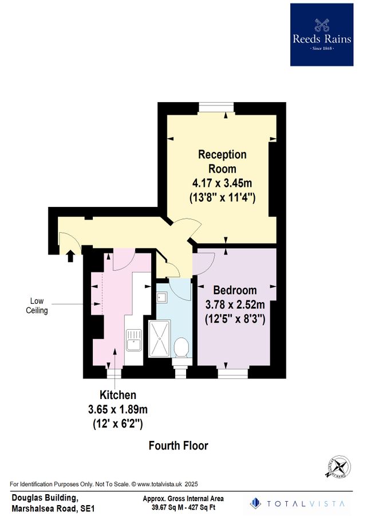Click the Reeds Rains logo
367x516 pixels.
[322, 34]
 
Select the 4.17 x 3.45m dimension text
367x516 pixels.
[222, 183]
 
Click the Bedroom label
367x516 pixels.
[235, 290]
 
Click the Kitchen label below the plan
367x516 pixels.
[118, 395]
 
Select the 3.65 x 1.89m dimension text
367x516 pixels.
[118, 410]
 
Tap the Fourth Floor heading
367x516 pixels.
[178, 445]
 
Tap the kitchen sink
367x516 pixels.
[133, 339]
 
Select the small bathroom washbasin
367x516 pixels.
[161, 297]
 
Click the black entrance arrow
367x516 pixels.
[70, 255]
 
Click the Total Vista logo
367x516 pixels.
[298, 503]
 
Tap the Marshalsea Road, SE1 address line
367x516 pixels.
[53, 508]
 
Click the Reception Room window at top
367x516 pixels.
[216, 107]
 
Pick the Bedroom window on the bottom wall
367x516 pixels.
[232, 373]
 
